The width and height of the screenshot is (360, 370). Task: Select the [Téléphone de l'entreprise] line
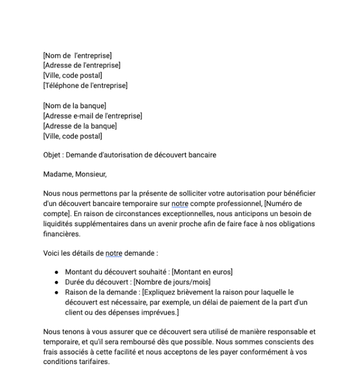pos(85,85)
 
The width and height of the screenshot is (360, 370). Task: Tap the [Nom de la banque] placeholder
pos(75,106)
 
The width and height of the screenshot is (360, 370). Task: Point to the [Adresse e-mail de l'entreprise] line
pos(92,116)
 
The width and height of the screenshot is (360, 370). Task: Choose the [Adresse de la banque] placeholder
pos(80,126)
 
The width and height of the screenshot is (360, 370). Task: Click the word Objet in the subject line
pos(52,156)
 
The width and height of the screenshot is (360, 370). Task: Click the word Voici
pos(52,253)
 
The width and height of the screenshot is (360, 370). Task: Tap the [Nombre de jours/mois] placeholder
pos(172,282)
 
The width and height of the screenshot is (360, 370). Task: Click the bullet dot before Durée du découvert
pos(56,282)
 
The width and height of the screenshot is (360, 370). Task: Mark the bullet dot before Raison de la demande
pos(56,292)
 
